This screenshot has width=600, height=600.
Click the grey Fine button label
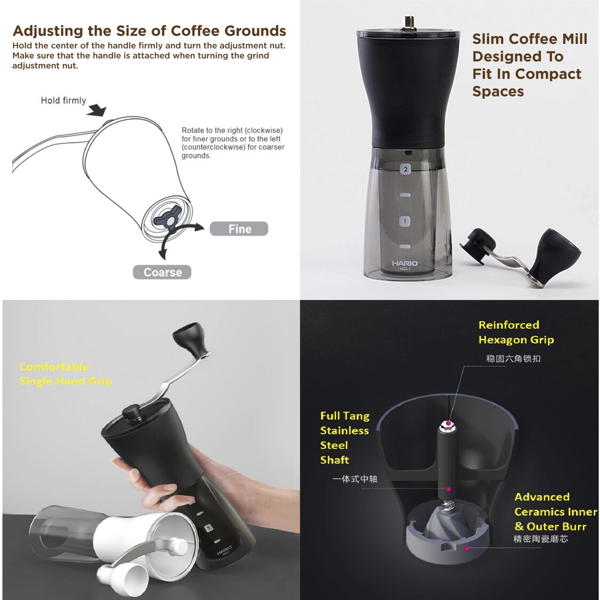click(239, 229)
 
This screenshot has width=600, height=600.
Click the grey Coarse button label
click(162, 272)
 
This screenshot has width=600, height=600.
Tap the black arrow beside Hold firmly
click(98, 110)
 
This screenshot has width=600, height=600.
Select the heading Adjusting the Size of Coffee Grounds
click(149, 30)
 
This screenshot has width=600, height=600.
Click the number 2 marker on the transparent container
click(405, 169)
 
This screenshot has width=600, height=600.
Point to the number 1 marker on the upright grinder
click(405, 221)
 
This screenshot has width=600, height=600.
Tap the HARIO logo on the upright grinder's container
click(405, 263)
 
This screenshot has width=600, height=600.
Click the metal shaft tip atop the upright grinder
click(408, 22)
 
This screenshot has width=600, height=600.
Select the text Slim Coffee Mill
click(529, 39)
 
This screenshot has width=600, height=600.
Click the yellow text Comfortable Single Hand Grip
click(65, 374)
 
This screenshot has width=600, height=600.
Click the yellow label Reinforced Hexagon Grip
click(516, 332)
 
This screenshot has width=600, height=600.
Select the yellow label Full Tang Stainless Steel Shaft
click(345, 438)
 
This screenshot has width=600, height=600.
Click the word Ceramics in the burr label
click(555, 511)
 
